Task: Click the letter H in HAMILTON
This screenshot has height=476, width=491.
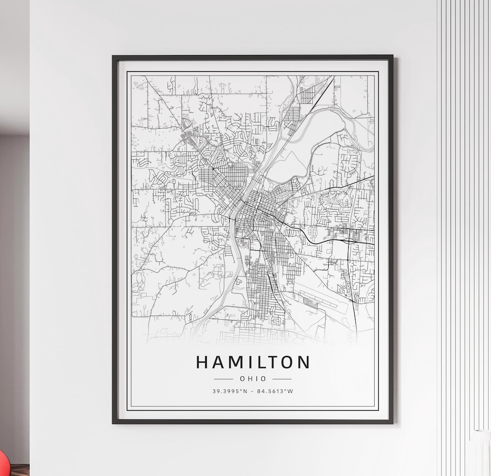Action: (203, 362)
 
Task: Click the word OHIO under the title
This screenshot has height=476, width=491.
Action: (253, 379)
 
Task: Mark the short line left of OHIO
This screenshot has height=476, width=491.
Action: (223, 379)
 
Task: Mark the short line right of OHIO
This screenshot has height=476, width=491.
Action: (282, 379)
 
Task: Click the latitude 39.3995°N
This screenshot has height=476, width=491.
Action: (230, 391)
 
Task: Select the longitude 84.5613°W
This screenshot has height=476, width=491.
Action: (276, 391)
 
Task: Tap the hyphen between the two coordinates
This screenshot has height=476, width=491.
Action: (252, 391)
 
